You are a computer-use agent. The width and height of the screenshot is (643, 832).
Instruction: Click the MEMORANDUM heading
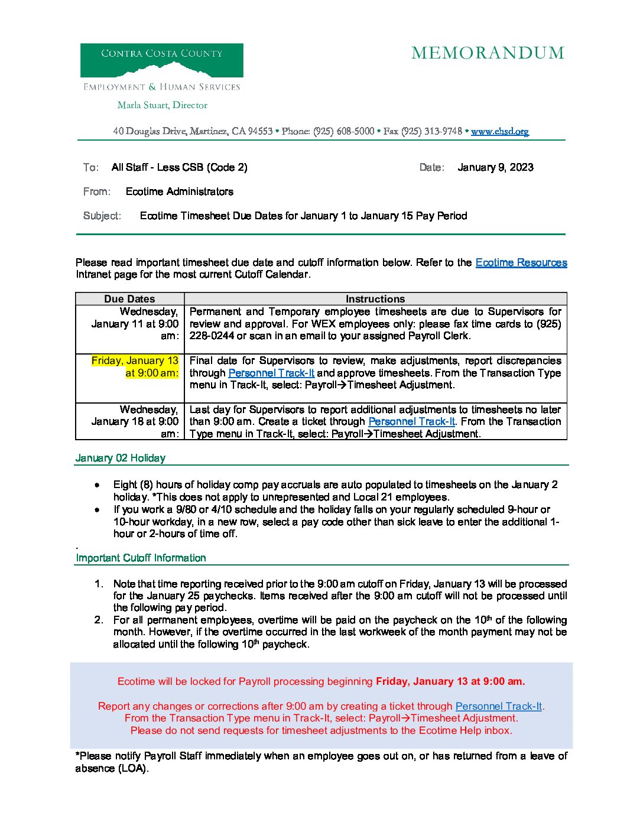click(488, 53)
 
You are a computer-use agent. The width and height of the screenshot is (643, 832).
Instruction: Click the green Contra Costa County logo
click(161, 60)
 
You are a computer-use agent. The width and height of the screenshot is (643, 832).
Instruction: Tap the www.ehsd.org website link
click(499, 131)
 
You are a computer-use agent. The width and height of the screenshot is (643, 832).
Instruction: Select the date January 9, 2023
click(495, 167)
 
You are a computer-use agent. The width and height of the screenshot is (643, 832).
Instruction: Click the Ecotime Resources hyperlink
click(521, 262)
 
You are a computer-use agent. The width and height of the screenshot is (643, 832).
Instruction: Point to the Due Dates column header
click(129, 299)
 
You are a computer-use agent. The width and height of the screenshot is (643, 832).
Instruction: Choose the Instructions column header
click(375, 299)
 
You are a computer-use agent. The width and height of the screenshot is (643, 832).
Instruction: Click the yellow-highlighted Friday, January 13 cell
click(135, 366)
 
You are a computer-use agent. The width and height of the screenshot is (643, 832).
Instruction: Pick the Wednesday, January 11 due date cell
click(135, 324)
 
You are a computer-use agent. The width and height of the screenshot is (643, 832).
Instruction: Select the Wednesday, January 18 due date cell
click(135, 421)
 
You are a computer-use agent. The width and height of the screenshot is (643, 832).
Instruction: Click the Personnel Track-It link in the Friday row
click(271, 373)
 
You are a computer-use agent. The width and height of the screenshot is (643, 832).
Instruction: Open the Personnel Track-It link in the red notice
click(498, 706)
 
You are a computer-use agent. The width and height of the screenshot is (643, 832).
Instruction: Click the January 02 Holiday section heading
click(121, 458)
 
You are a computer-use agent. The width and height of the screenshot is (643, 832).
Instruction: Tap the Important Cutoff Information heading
click(141, 558)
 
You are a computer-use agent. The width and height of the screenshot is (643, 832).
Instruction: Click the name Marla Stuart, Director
click(162, 105)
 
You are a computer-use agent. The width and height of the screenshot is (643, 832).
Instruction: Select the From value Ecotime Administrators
click(179, 191)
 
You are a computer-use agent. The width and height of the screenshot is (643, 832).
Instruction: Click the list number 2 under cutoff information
click(99, 620)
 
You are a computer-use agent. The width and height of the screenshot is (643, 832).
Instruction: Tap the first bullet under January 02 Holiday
click(97, 485)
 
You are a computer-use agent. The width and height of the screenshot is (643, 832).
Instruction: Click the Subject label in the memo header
click(102, 216)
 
